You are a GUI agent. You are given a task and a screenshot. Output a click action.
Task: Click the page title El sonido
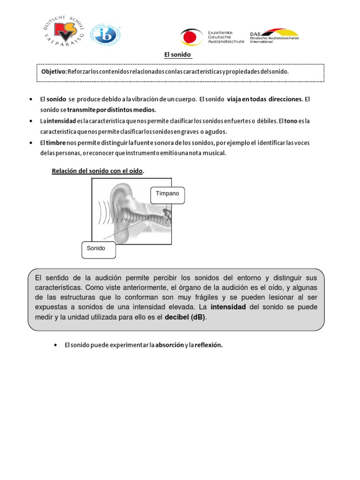(178, 55)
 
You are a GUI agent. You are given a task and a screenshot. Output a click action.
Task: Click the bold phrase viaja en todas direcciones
(265, 100)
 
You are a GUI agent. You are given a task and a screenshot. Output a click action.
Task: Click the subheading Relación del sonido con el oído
(97, 171)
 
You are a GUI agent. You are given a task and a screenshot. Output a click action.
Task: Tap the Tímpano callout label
(167, 194)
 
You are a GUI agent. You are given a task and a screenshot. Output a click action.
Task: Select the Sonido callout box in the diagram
(98, 249)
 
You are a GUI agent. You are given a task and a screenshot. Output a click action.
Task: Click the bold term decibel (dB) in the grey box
(185, 317)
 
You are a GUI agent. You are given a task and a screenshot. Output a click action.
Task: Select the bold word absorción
(169, 345)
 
